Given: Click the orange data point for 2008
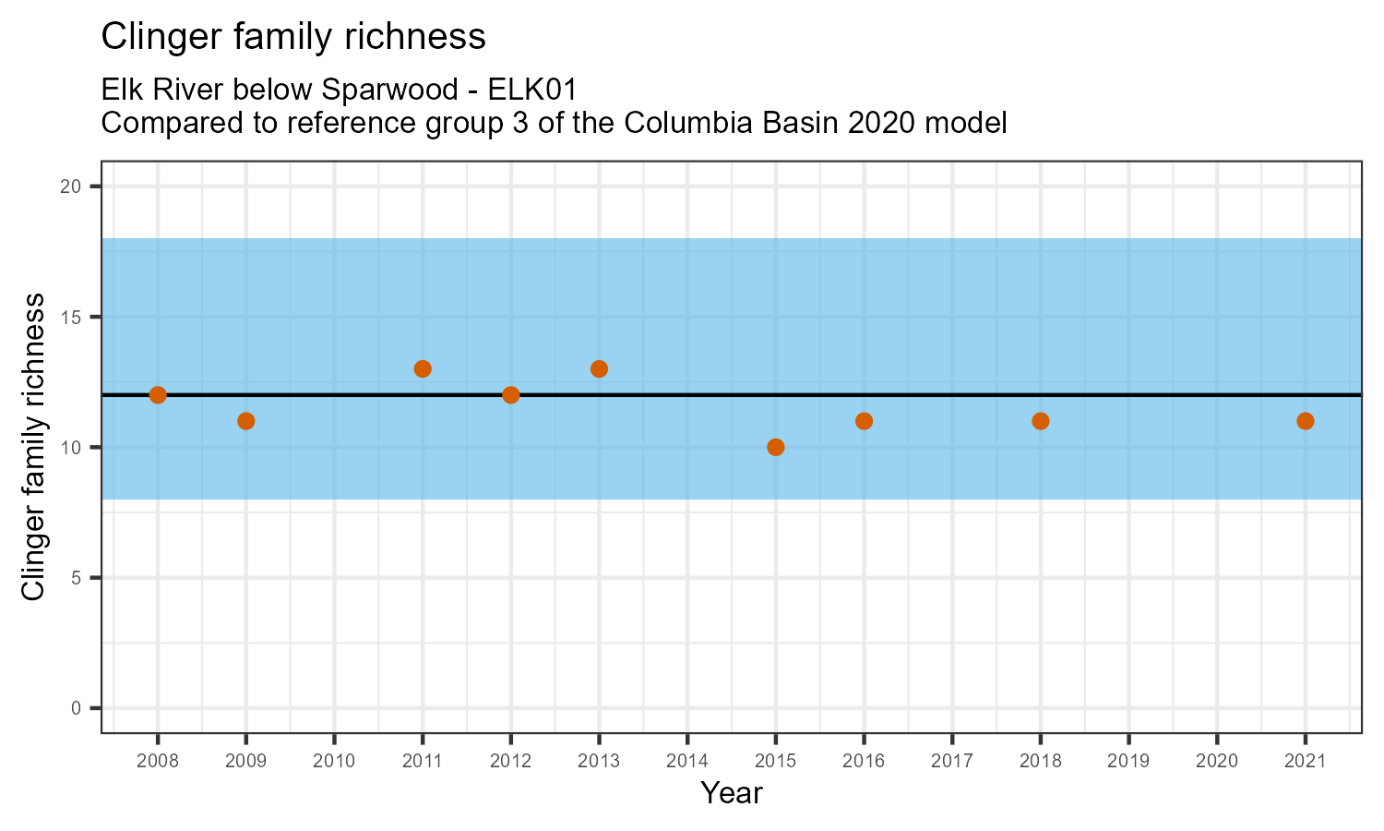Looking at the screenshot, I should tap(158, 395).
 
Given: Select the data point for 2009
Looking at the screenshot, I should tap(245, 421).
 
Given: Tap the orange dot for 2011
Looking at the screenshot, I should tap(423, 369).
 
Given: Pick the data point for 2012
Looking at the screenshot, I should tap(511, 395).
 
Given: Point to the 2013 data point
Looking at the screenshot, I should tap(599, 369).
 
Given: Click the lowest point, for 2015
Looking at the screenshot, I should tap(776, 447).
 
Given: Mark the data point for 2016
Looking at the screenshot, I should tap(864, 421).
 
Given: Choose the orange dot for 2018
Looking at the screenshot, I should tap(1041, 421).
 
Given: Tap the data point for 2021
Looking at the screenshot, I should tap(1306, 421).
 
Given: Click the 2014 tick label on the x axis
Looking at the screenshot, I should tap(687, 762).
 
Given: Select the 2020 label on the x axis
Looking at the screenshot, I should tap(1217, 762).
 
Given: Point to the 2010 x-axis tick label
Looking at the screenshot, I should tap(334, 762).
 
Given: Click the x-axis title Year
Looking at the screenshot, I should tap(732, 793).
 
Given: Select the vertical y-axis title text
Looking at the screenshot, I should tap(33, 447).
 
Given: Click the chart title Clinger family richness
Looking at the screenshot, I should tap(292, 37).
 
